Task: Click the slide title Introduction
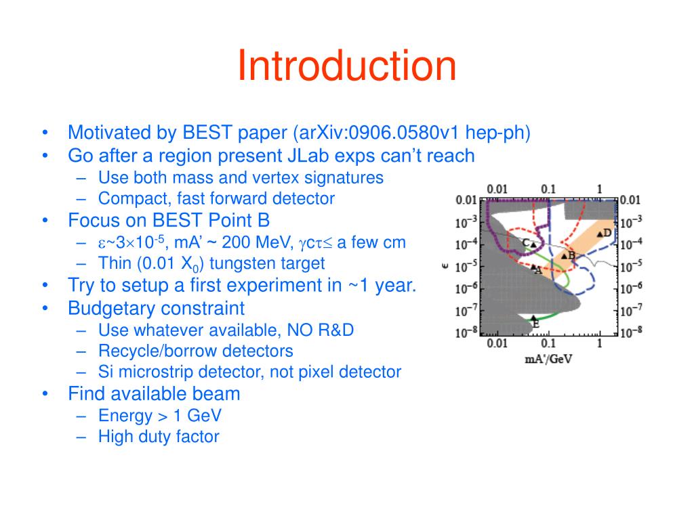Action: pyautogui.click(x=346, y=66)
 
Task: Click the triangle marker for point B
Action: pyautogui.click(x=564, y=256)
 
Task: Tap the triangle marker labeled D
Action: pyautogui.click(x=599, y=234)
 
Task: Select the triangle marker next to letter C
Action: pyautogui.click(x=533, y=244)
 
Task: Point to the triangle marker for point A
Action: pyautogui.click(x=533, y=267)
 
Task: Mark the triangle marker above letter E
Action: pyautogui.click(x=534, y=318)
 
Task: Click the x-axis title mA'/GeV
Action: pyautogui.click(x=548, y=359)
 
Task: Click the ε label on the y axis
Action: pyautogui.click(x=445, y=266)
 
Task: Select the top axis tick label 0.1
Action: pyautogui.click(x=548, y=188)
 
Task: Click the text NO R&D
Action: pyautogui.click(x=322, y=330)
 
